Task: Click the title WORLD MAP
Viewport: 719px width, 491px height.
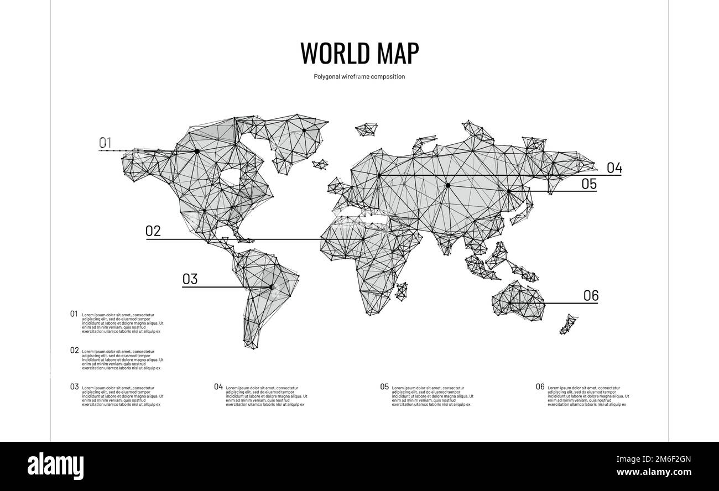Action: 359,53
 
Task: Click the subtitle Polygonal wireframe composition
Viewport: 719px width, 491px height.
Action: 359,77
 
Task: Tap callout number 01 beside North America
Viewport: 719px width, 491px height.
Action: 105,142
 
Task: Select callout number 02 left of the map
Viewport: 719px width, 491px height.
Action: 153,231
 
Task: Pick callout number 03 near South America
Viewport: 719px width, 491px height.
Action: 190,279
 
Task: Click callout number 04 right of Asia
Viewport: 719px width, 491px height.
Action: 614,168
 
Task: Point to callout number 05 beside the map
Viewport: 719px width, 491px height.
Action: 589,184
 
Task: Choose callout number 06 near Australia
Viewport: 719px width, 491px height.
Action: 591,296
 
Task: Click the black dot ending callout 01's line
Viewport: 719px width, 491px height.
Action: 196,151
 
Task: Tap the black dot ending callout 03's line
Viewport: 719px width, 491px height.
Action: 272,286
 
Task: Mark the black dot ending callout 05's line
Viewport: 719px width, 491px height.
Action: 508,191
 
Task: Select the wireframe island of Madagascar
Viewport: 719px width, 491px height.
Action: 402,291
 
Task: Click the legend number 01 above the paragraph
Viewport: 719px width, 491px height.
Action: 74,314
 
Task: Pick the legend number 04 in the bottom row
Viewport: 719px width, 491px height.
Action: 218,386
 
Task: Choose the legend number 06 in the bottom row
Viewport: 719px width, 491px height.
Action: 540,386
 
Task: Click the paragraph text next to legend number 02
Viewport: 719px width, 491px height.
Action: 122,359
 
